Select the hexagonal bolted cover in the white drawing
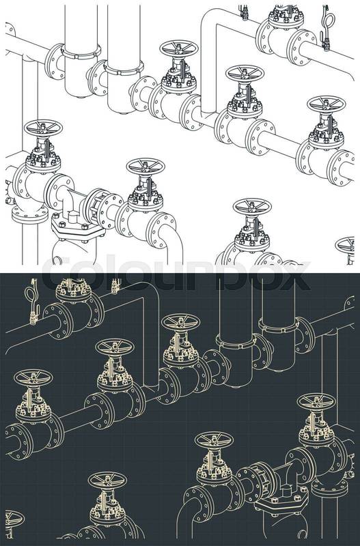click(x=78, y=229)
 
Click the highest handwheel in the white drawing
click(x=179, y=47)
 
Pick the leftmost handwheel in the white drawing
click(x=43, y=128)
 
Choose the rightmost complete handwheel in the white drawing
click(x=327, y=104)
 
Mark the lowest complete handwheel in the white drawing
click(x=252, y=206)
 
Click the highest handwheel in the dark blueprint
click(x=181, y=321)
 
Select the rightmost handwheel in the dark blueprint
click(x=316, y=401)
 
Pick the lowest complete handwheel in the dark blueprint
click(x=107, y=480)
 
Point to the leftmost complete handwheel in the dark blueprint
click(x=33, y=377)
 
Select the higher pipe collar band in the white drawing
click(x=81, y=53)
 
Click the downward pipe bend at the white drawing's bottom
click(x=171, y=240)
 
